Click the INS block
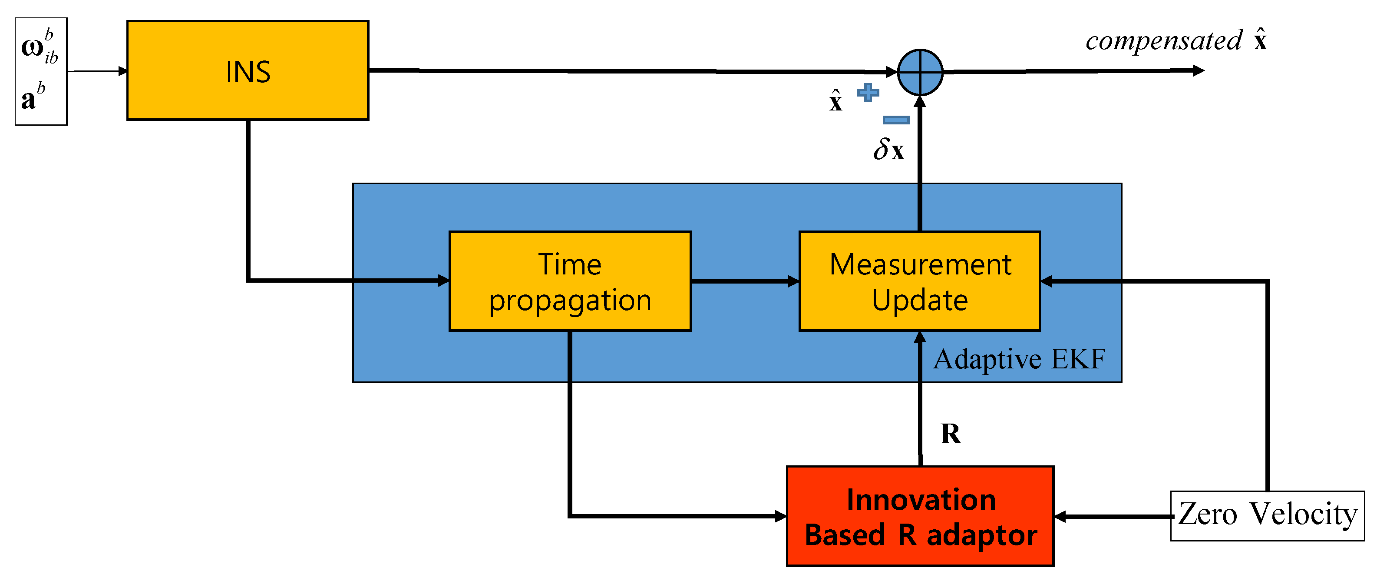point(248,70)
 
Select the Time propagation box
point(570,281)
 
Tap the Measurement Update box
point(919,281)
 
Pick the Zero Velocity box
point(1267,515)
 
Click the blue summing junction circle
point(920,72)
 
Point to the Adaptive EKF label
point(1019,359)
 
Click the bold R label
point(951,434)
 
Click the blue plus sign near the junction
point(868,93)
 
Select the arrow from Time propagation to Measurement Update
point(744,281)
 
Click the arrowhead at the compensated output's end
point(1199,70)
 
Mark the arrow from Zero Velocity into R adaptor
point(1112,516)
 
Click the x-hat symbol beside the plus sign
point(835,100)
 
